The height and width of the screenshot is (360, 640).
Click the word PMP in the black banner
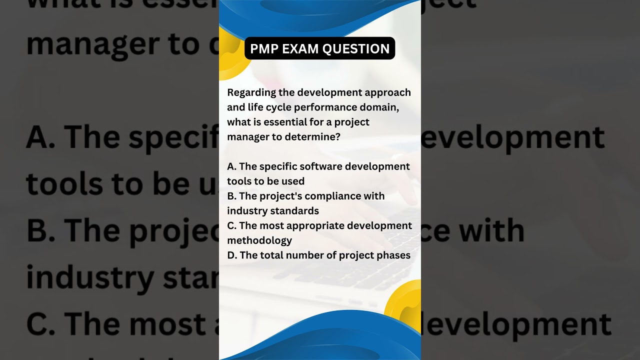pyautogui.click(x=263, y=48)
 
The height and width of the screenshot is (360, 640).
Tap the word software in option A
pyautogui.click(x=321, y=166)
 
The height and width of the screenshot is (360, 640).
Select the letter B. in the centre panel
pyautogui.click(x=231, y=196)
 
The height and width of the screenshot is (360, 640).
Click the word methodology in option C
pyautogui.click(x=259, y=240)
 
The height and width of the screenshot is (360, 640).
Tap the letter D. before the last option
pyautogui.click(x=232, y=255)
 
